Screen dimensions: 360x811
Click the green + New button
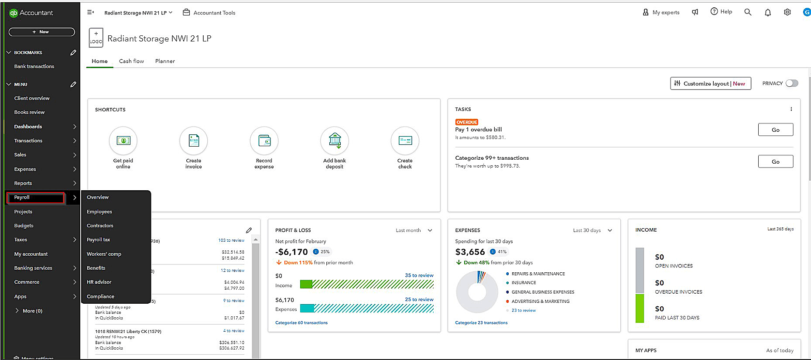(41, 32)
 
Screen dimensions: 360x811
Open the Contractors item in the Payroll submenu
(100, 226)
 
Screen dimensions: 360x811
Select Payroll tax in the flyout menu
(99, 240)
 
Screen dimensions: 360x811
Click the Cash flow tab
(131, 61)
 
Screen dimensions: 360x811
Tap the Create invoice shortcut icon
(193, 141)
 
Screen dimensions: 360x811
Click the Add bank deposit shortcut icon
(334, 141)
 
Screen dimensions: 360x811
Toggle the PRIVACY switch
(792, 83)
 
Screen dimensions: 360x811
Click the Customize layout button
(710, 83)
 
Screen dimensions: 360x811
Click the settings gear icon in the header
(787, 12)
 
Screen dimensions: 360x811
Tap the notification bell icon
(768, 12)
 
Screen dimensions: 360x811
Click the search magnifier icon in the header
(748, 12)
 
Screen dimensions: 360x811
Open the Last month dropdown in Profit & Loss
(414, 230)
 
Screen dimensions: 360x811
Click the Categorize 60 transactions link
(301, 323)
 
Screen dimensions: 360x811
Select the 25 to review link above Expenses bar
(419, 299)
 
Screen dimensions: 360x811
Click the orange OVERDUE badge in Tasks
(466, 122)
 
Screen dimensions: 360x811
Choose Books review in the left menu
(29, 112)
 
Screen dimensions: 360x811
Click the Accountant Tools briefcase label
(209, 13)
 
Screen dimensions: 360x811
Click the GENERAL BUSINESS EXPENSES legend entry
(542, 292)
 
